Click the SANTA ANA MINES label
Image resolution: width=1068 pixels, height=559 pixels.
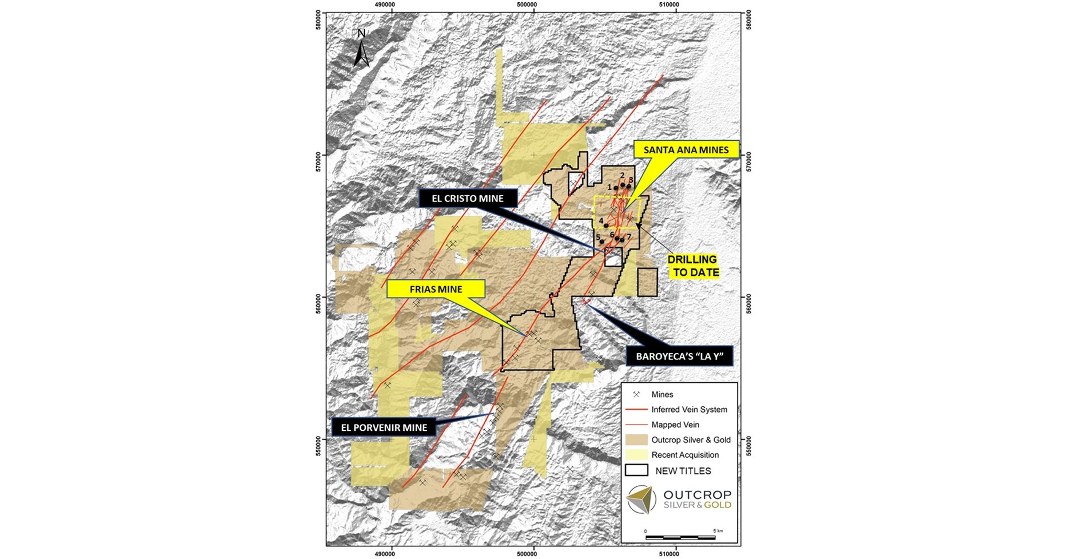[686, 150]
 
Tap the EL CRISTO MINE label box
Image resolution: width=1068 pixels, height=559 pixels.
[468, 199]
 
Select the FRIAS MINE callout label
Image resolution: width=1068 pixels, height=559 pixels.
[436, 289]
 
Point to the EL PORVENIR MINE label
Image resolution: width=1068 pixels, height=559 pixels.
[384, 427]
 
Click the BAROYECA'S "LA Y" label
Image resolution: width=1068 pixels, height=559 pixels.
[680, 358]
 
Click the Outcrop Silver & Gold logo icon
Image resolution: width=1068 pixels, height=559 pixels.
[641, 499]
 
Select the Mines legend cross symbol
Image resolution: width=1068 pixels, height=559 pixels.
[636, 394]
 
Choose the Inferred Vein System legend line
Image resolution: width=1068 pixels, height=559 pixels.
[636, 410]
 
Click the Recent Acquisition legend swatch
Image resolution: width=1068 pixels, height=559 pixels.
[636, 455]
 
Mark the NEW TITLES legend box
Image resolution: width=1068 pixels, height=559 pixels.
[636, 470]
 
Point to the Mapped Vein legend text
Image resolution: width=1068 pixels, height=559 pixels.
[675, 425]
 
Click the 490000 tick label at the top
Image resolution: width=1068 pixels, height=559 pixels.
[384, 5]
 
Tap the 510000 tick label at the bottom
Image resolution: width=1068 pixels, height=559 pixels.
[669, 553]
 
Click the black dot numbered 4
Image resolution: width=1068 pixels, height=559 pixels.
[606, 226]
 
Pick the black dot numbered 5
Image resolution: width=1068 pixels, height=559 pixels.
[601, 241]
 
